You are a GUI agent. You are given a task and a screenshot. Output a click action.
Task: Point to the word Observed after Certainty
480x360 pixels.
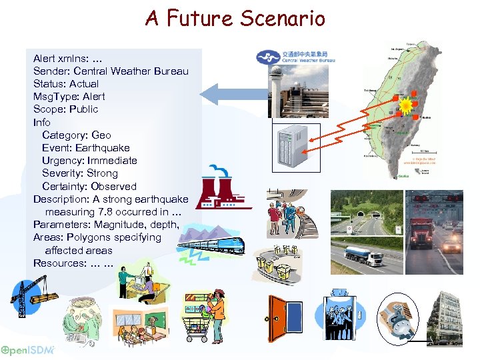[x=113, y=187]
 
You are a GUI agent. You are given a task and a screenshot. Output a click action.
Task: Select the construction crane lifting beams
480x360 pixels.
[x=29, y=297]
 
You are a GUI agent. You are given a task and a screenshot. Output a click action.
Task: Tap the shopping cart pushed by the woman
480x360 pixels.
[x=198, y=325]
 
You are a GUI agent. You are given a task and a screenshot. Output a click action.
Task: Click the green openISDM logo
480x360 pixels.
[x=27, y=351]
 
